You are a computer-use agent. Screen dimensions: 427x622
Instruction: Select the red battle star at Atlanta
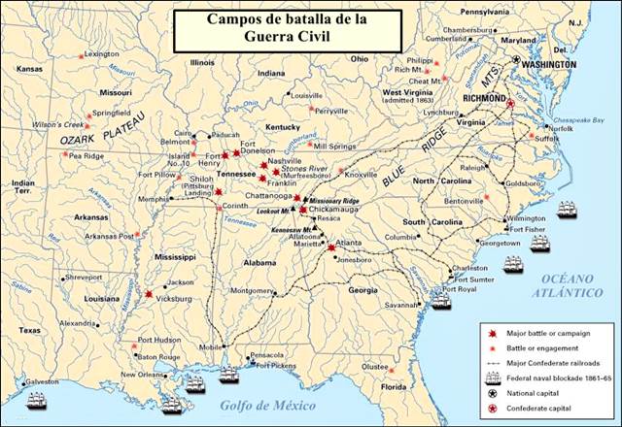click(332, 247)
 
